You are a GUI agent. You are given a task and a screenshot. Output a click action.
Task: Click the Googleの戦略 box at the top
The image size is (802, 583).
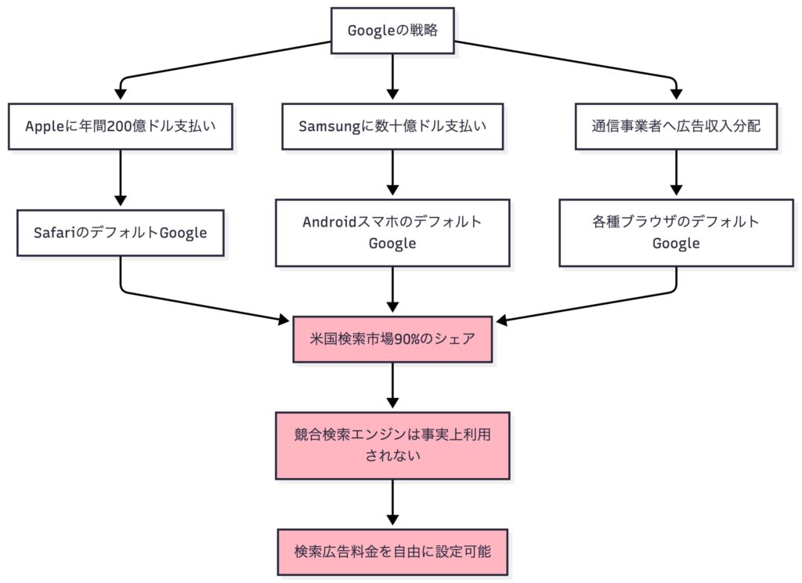tap(392, 31)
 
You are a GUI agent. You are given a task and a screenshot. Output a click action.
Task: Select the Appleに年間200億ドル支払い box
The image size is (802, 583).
tap(120, 126)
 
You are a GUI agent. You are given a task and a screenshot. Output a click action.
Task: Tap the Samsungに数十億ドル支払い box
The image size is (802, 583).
tap(392, 126)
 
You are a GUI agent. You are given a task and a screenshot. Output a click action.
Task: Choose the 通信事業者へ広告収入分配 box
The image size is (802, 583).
tap(675, 126)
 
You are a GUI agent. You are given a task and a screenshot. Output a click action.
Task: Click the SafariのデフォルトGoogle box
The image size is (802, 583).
tap(120, 233)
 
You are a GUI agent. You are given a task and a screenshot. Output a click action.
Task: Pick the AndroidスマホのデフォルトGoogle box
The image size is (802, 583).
tap(392, 233)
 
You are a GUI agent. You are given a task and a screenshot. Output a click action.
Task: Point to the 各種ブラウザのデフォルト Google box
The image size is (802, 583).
tap(675, 233)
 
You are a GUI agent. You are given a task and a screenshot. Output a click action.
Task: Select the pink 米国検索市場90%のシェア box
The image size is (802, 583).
tap(392, 339)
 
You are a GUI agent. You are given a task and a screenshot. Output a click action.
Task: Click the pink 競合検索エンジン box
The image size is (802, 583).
tap(392, 445)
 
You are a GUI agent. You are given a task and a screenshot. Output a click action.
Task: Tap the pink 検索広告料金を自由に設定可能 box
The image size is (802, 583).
tap(392, 552)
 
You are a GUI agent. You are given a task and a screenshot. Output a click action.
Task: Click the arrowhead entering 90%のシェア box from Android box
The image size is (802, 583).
tap(392, 310)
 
